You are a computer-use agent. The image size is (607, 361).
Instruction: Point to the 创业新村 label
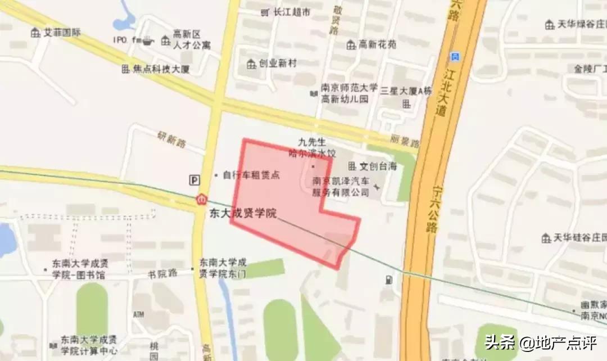tap(277, 64)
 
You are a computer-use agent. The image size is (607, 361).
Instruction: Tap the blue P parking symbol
tap(194, 179)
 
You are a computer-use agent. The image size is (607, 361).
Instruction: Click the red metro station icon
tap(201, 200)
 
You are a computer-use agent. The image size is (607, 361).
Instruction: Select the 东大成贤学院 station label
tap(244, 214)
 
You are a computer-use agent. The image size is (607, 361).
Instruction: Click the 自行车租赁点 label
tap(251, 175)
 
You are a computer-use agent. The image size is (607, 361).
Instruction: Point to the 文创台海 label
tap(378, 166)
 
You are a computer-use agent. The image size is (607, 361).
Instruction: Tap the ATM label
tap(139, 313)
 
